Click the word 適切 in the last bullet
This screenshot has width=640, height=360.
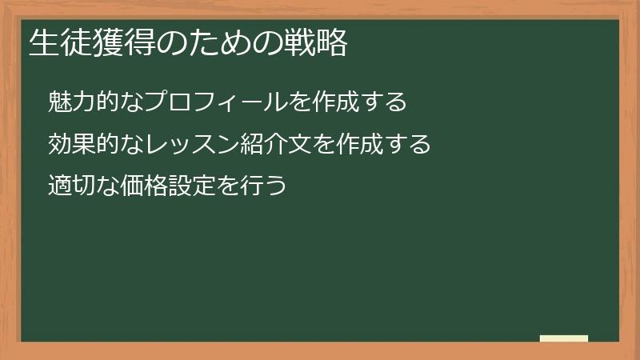tap(70, 187)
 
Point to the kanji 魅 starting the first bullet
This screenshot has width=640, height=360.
tap(59, 102)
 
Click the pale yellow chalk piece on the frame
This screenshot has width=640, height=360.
tap(563, 338)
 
